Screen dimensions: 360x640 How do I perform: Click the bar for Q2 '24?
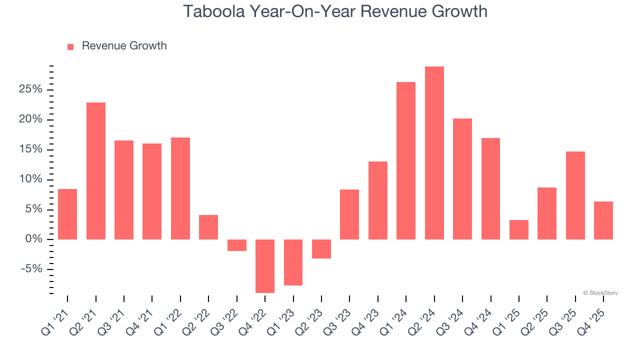pyautogui.click(x=434, y=153)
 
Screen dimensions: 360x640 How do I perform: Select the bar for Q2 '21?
pyautogui.click(x=96, y=171)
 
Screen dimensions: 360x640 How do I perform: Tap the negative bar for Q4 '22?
pyautogui.click(x=265, y=266)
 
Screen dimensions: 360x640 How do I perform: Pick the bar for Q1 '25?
pyautogui.click(x=518, y=229)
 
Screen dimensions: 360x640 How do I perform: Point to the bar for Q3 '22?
pyautogui.click(x=237, y=245)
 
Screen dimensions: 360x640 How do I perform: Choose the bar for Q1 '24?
pyautogui.click(x=406, y=160)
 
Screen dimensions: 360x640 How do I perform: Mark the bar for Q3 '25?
pyautogui.click(x=575, y=195)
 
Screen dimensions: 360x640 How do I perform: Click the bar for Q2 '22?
pyautogui.click(x=208, y=227)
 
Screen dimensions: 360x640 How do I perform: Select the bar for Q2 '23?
pyautogui.click(x=321, y=249)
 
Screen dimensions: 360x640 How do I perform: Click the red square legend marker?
pyautogui.click(x=70, y=46)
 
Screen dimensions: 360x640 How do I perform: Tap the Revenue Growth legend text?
pyautogui.click(x=124, y=46)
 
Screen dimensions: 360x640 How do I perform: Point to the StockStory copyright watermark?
pyautogui.click(x=600, y=293)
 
